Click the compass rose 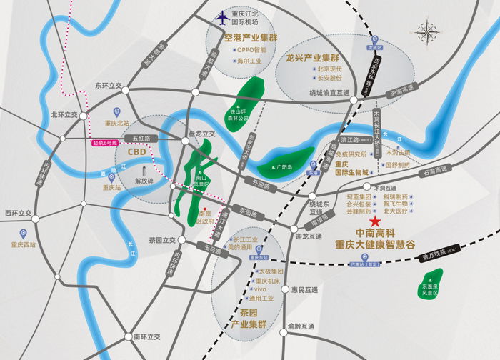pyautogui.click(x=429, y=31)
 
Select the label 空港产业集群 pyautogui.click(x=250, y=38)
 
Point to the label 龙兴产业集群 pyautogui.click(x=311, y=57)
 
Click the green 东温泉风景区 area pyautogui.click(x=431, y=282)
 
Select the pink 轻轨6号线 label pyautogui.click(x=104, y=143)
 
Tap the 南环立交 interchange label pyautogui.click(x=147, y=336)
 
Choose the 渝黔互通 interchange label pyautogui.click(x=301, y=326)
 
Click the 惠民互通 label pyautogui.click(x=304, y=290)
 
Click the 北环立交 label pyautogui.click(x=65, y=114)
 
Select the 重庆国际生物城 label pyautogui.click(x=353, y=168)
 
